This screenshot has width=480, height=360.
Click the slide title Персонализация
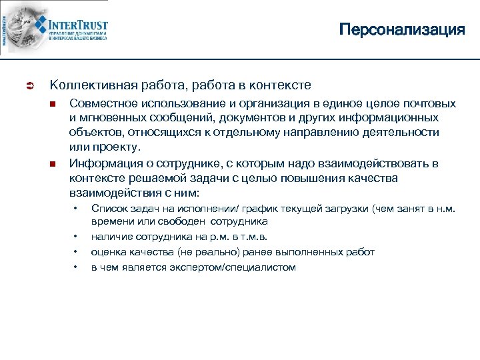pyautogui.click(x=401, y=30)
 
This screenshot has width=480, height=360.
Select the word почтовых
pyautogui.click(x=429, y=103)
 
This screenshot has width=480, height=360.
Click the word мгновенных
pyautogui.click(x=114, y=118)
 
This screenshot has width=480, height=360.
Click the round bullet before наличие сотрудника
pyautogui.click(x=76, y=237)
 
